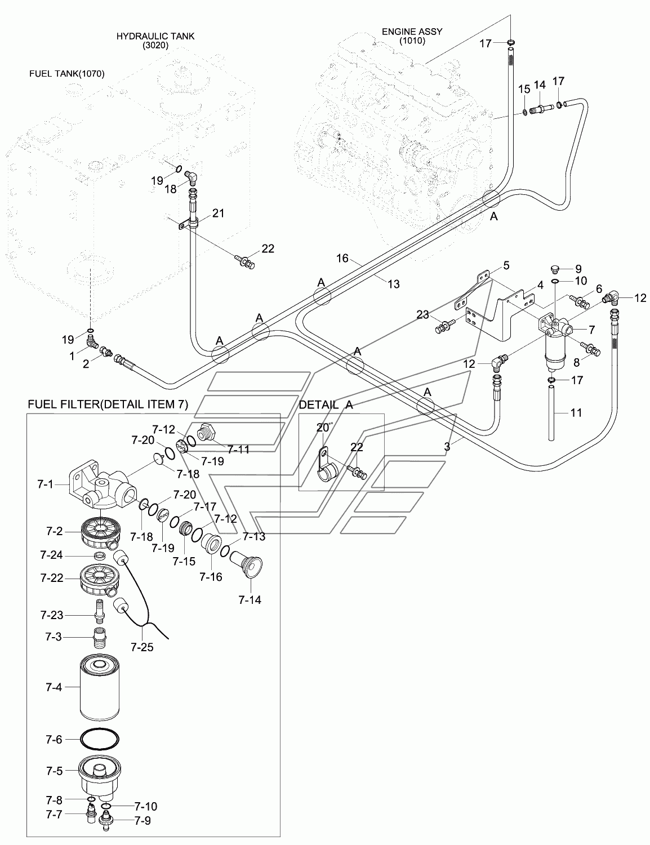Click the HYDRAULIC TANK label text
click(155, 36)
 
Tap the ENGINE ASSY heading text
click(412, 32)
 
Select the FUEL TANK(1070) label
click(67, 73)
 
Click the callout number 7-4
click(54, 687)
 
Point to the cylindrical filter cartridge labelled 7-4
click(100, 687)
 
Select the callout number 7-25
click(142, 647)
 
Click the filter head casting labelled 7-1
click(102, 486)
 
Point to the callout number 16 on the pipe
click(342, 258)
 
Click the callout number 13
click(393, 284)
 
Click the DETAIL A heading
click(326, 405)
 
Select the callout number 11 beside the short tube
click(576, 412)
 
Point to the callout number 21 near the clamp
click(219, 213)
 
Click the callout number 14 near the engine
click(540, 85)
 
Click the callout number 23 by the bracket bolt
click(422, 314)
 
